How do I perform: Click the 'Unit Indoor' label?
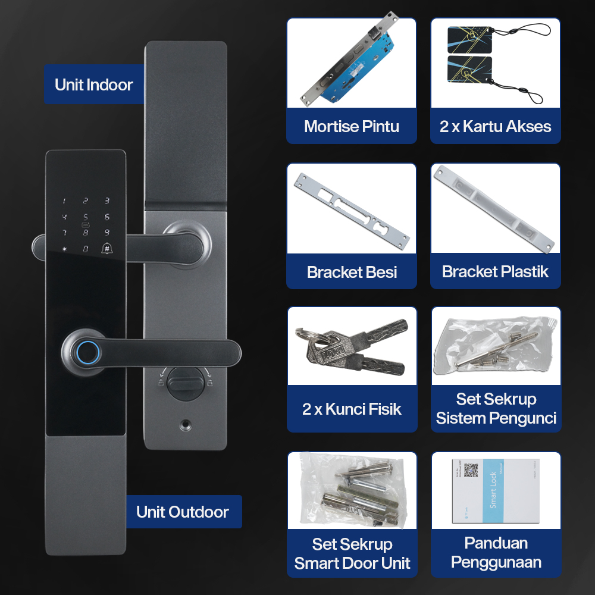[94, 84]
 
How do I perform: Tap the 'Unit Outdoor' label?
[182, 512]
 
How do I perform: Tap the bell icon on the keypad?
[107, 249]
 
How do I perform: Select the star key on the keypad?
[65, 249]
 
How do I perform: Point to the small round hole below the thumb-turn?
[186, 426]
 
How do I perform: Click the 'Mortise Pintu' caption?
[352, 126]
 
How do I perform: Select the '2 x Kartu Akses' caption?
[495, 126]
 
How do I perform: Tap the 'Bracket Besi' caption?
[352, 272]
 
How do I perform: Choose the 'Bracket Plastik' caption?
[495, 272]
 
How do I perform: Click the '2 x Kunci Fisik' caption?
[352, 409]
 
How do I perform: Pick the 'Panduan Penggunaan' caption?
[495, 552]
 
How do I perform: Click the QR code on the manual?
[471, 471]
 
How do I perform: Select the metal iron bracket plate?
[351, 208]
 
